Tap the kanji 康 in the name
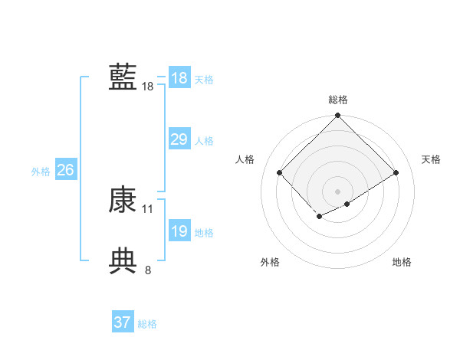[x=123, y=200]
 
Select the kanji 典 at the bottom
[x=123, y=260]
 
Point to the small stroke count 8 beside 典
[x=148, y=270]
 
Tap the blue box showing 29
[x=179, y=139]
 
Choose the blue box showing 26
[x=65, y=170]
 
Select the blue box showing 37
[x=122, y=322]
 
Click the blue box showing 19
[x=179, y=231]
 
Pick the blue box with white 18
[x=179, y=78]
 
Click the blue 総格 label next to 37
[x=147, y=324]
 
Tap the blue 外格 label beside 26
[x=41, y=172]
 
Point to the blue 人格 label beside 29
[x=204, y=141]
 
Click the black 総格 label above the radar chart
[x=337, y=100]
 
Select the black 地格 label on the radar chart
[x=402, y=262]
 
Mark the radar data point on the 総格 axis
[x=337, y=116]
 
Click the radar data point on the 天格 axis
[x=396, y=173]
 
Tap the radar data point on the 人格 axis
[x=280, y=173]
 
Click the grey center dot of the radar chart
[x=337, y=191]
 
